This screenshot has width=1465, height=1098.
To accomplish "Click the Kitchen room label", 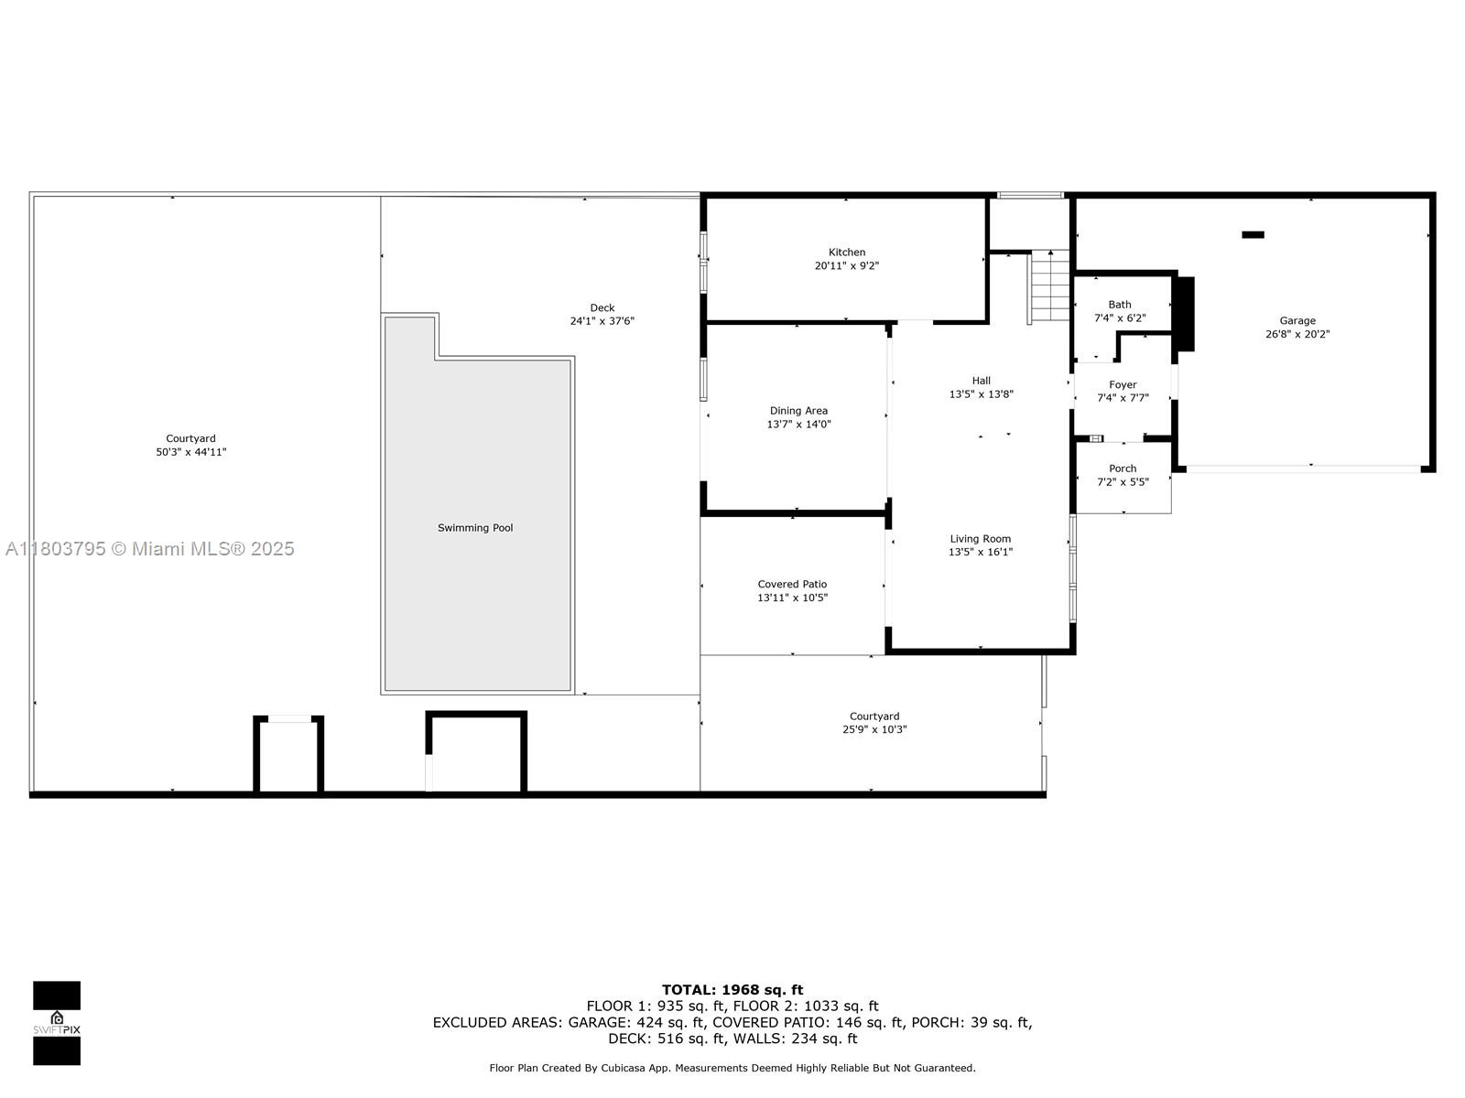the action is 846,252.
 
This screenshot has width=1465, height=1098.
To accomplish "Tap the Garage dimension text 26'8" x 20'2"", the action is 1297,334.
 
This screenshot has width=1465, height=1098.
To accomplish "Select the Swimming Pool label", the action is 474,528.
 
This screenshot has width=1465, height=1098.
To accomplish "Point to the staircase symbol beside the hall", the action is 1049,286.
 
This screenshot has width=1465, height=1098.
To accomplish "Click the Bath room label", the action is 1119,305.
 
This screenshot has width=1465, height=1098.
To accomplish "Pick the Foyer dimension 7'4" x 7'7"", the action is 1123,398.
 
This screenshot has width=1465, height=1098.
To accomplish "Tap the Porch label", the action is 1122,468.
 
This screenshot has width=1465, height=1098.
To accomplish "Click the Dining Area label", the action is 798,411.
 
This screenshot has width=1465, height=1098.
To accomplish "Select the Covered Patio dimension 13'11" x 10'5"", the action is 792,598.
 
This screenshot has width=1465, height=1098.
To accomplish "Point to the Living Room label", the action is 980,539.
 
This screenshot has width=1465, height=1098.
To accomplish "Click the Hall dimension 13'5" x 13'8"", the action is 981,394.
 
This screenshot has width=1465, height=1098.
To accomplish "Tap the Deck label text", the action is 602,308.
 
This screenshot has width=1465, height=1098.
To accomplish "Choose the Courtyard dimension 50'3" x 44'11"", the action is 190,452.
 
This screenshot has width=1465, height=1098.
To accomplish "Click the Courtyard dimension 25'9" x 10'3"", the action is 874,729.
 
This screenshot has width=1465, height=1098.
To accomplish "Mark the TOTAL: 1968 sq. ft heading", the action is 732,990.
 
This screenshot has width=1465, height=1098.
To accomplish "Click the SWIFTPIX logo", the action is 57,1023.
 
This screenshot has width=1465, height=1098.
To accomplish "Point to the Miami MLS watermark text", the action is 149,549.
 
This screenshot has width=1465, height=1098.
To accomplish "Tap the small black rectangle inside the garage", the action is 1252,234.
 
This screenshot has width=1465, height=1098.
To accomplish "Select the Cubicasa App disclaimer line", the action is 732,1068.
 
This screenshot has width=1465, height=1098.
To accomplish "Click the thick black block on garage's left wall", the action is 1185,313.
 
